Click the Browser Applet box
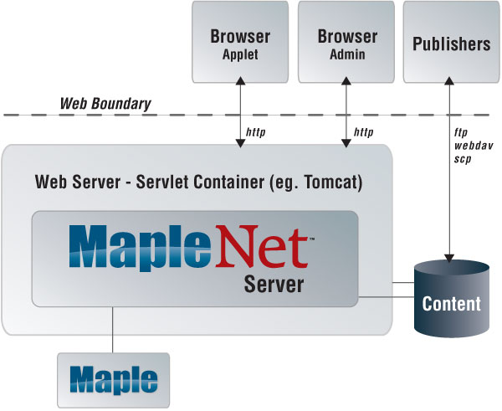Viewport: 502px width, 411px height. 240,42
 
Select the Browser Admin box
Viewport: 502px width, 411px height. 346,42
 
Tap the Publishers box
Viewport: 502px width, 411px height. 451,42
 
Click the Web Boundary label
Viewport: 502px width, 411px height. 105,105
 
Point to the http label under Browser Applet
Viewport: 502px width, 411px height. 256,132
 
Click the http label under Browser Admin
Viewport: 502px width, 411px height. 363,132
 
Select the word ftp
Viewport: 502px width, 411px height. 460,132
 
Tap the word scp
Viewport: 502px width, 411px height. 463,158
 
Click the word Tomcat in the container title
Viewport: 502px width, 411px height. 330,181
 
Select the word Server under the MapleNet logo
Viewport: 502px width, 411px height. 274,285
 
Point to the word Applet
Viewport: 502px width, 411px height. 240,55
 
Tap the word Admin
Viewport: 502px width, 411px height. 346,55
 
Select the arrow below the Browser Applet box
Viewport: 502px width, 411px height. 240,113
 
